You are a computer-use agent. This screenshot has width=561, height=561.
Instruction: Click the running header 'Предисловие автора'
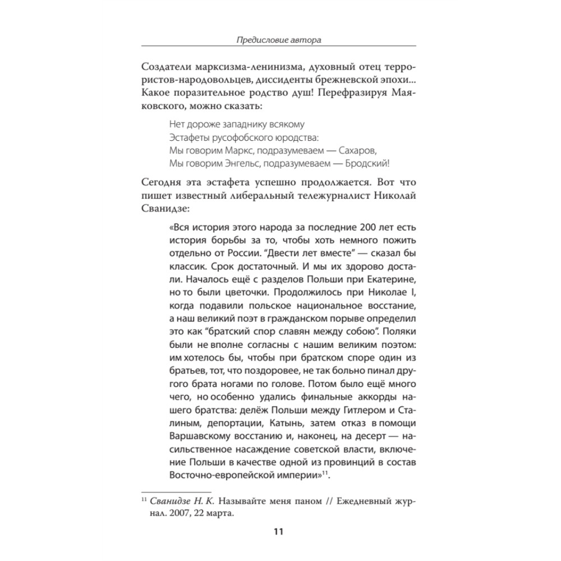[279, 40]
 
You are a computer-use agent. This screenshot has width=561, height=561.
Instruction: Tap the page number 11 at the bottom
[279, 532]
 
